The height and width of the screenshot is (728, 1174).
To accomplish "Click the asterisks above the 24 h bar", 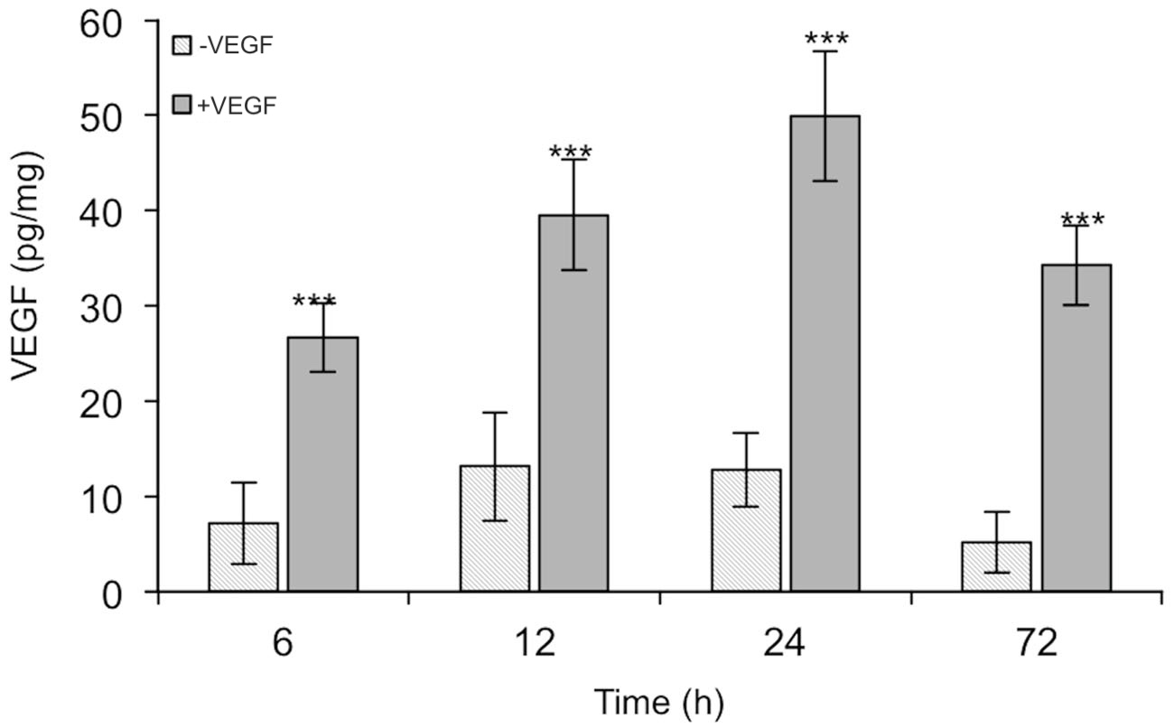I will click(x=825, y=40).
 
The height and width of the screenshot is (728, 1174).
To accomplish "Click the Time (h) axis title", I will click(x=658, y=701).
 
